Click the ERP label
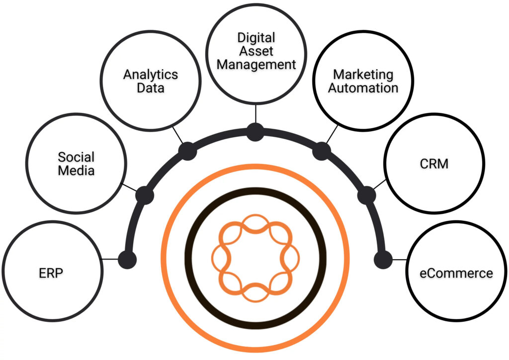[51, 273]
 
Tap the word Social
[76, 157]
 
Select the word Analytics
[151, 75]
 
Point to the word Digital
[256, 38]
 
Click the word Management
[256, 64]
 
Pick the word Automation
[363, 88]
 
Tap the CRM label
[434, 164]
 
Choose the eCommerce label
[456, 273]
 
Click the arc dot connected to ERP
[127, 260]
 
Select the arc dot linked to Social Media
[145, 195]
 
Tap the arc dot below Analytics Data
[187, 151]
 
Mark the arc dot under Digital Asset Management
[255, 132]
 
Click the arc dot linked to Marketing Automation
[322, 151]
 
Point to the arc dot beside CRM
[366, 195]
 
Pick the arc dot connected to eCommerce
[383, 260]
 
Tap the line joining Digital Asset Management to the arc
[256, 113]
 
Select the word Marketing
[363, 75]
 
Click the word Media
[76, 171]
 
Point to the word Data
[151, 88]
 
